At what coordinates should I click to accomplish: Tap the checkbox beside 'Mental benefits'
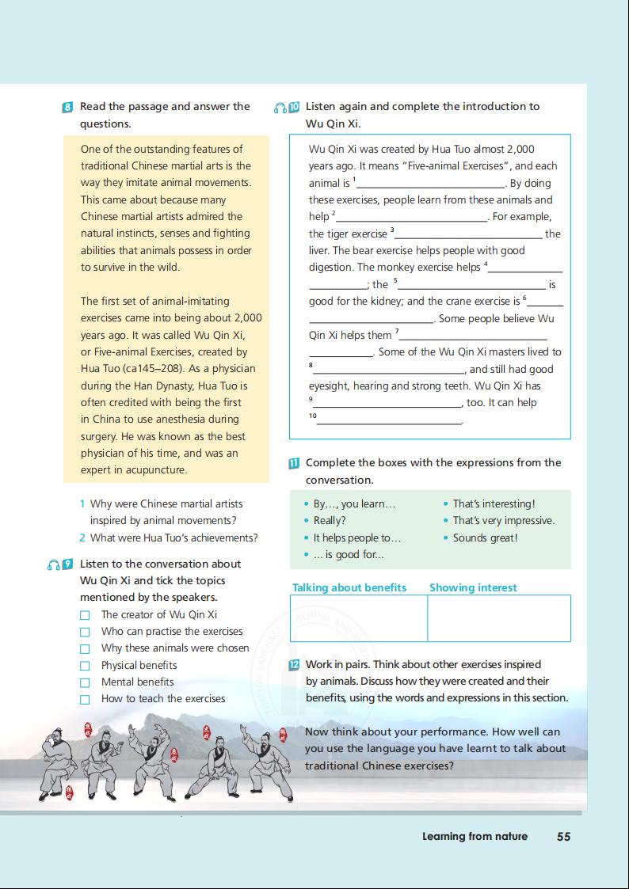[85, 682]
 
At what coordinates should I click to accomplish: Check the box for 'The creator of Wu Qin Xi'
[85, 615]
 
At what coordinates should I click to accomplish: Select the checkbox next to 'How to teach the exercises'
[85, 699]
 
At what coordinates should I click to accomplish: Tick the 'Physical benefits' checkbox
[85, 666]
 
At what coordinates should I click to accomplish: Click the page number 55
[563, 836]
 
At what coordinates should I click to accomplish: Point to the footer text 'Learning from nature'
[475, 836]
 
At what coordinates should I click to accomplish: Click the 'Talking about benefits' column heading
[349, 587]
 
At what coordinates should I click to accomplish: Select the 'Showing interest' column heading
[473, 587]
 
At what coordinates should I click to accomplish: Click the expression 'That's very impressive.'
[503, 521]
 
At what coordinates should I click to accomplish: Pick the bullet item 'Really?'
[329, 521]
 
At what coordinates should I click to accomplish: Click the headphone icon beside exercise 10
[280, 107]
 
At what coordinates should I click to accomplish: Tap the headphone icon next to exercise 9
[53, 564]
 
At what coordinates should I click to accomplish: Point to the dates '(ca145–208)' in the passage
[145, 369]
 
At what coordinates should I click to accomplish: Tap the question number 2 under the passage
[82, 538]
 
